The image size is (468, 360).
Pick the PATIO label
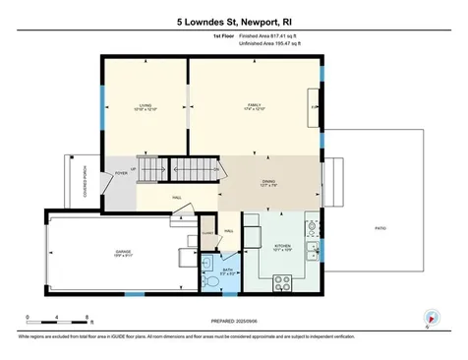380,227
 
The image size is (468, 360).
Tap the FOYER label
122,173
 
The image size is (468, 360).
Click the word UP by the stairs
134,167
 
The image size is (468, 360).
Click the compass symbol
430,316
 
